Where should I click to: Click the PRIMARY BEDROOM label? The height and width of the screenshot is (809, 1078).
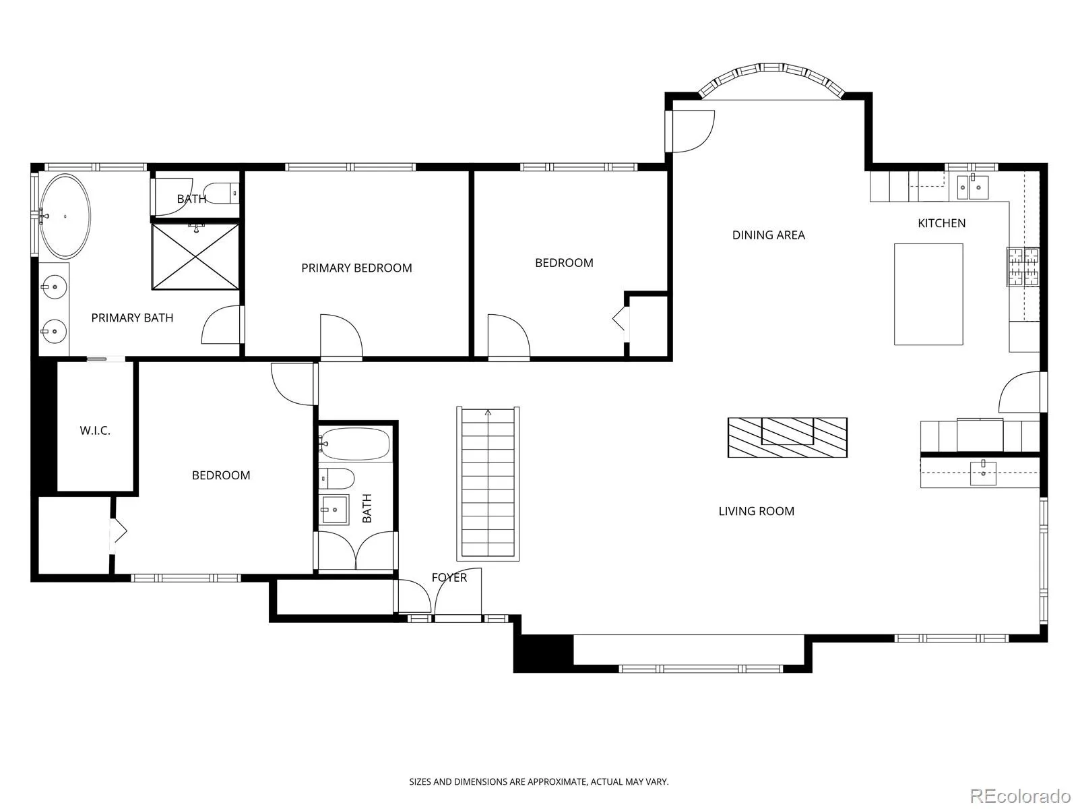tap(356, 268)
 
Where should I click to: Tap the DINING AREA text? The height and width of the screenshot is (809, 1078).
tap(769, 235)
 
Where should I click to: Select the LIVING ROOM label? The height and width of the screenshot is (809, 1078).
tap(757, 511)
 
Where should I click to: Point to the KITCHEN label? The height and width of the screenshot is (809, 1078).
tap(941, 223)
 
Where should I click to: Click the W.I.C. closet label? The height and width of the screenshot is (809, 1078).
tap(95, 431)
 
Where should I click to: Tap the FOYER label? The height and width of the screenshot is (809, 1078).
tap(449, 577)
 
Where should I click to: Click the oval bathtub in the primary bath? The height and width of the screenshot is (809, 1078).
tap(65, 216)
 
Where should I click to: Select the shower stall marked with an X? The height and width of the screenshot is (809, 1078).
tap(195, 256)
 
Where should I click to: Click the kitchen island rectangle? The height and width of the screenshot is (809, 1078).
tap(928, 294)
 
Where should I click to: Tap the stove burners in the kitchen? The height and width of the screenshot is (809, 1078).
tap(1023, 267)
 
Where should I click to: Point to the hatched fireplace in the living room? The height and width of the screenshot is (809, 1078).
tap(787, 437)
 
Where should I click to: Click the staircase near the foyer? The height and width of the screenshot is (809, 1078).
tap(488, 483)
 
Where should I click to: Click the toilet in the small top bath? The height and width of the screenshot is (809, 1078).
tap(222, 193)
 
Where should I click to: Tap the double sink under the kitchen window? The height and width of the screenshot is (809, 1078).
tap(973, 187)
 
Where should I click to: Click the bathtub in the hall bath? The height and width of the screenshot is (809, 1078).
tap(354, 444)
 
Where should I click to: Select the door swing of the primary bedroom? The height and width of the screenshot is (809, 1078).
tap(342, 336)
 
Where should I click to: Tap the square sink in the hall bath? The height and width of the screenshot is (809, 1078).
tap(334, 510)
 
